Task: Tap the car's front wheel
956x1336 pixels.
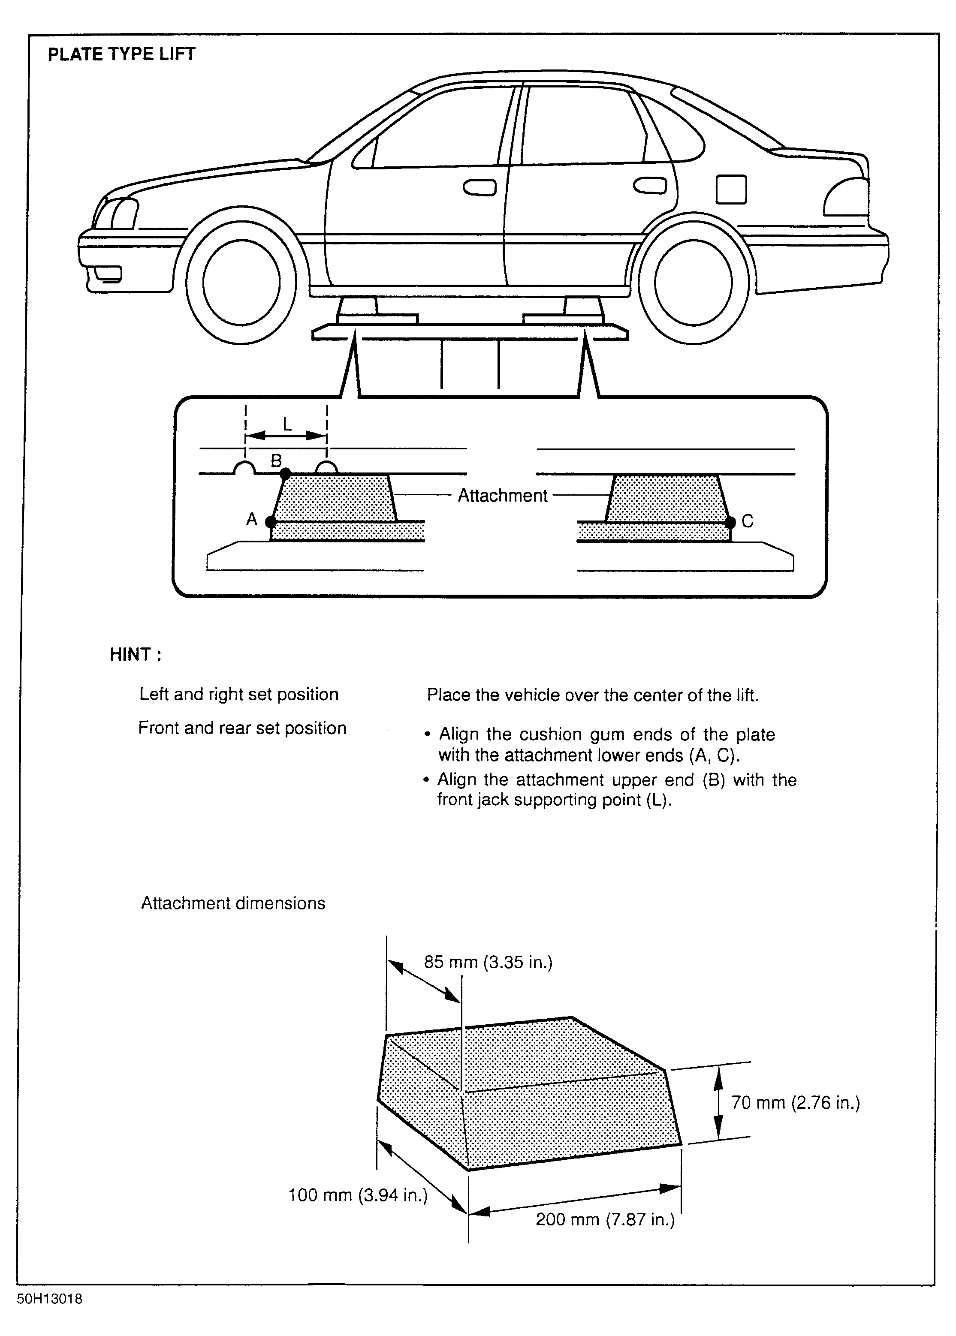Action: tap(241, 283)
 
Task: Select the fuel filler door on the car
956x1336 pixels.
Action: tap(731, 190)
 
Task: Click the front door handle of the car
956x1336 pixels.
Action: tap(479, 188)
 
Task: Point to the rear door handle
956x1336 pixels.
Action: tap(649, 186)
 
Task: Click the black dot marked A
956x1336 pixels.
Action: tap(271, 521)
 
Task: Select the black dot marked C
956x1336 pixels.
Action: tap(730, 521)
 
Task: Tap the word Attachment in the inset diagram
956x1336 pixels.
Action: tap(502, 496)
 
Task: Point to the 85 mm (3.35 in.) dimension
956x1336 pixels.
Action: tap(488, 962)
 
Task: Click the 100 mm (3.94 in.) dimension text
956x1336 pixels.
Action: tap(357, 1195)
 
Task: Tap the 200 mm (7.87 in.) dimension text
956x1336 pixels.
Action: tap(605, 1219)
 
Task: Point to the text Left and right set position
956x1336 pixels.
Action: tap(238, 695)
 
